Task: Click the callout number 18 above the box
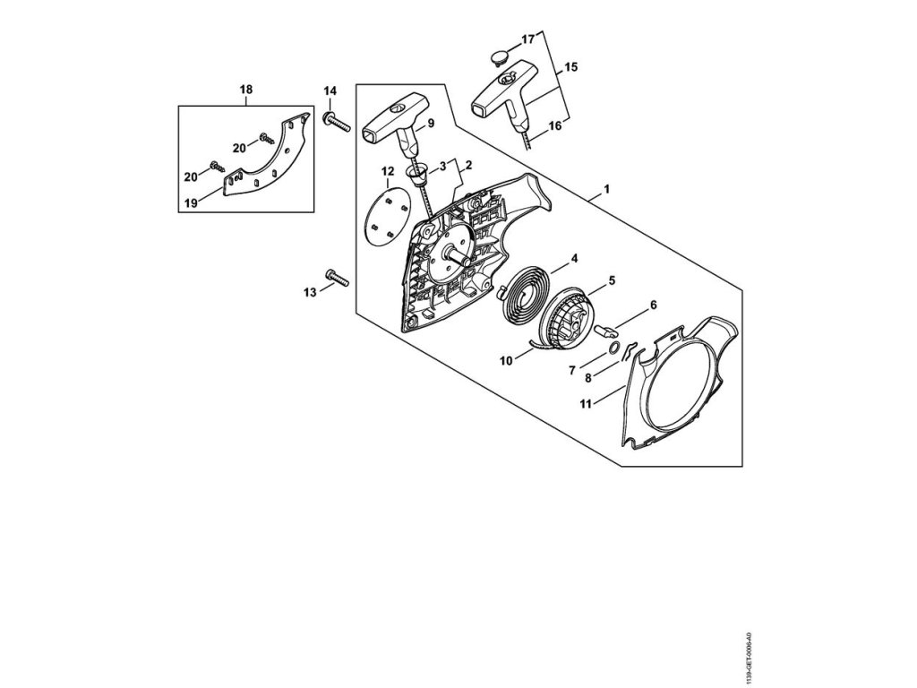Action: click(x=245, y=89)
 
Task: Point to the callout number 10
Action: click(x=506, y=360)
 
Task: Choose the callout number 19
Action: click(x=191, y=203)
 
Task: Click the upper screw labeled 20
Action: click(x=266, y=138)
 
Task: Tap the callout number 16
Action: click(x=555, y=126)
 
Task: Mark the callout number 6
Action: click(x=653, y=305)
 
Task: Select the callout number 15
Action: click(x=571, y=67)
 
